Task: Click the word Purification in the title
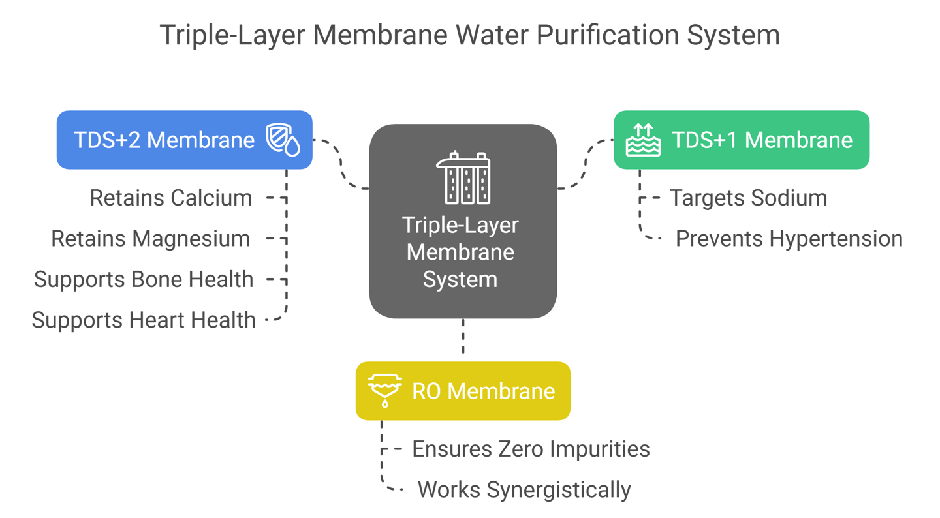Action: tap(607, 35)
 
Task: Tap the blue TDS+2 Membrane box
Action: tap(184, 140)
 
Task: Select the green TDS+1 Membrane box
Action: tap(742, 140)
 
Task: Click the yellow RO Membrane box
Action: tap(463, 391)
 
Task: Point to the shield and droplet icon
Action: tap(283, 140)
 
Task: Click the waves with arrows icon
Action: tap(643, 140)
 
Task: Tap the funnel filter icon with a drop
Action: tap(385, 391)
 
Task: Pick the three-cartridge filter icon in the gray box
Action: tap(463, 178)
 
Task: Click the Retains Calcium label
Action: tap(171, 198)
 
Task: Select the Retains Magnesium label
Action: tap(150, 239)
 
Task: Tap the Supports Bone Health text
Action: tap(144, 279)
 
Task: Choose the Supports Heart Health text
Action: tap(144, 320)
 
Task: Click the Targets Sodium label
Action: tap(748, 198)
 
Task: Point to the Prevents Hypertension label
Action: tap(789, 239)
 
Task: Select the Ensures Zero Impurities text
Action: tap(531, 449)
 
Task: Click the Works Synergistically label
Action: tap(524, 490)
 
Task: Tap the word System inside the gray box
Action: tap(460, 279)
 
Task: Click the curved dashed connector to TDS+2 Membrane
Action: tap(341, 164)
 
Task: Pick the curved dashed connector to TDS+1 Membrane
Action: tap(586, 164)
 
